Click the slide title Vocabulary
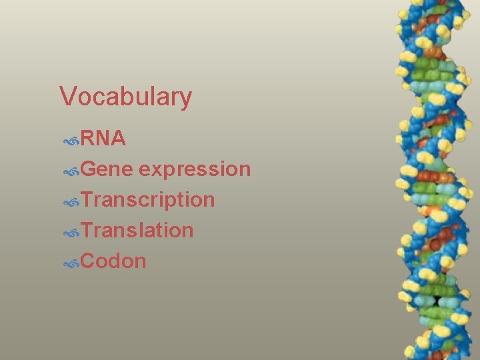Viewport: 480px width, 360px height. pos(125,97)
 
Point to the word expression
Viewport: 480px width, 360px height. pos(195,169)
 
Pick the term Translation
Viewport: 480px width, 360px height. pos(137,230)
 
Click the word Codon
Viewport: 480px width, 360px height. pos(113,261)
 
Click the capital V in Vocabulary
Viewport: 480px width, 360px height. pos(67,97)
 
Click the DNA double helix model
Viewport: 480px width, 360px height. pos(431,180)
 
